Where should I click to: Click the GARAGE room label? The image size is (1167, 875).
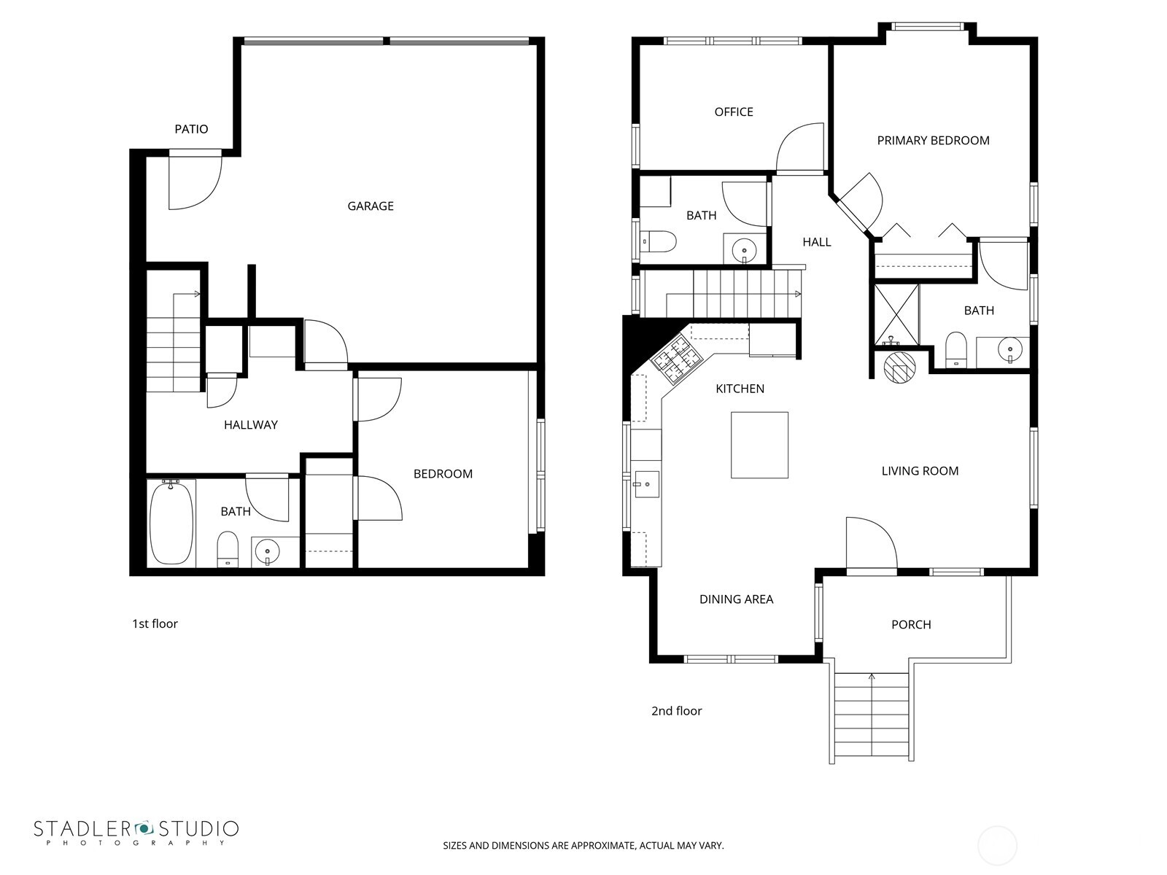tap(371, 206)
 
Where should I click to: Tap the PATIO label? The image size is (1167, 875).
tap(191, 129)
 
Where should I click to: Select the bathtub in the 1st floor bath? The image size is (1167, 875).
tap(172, 523)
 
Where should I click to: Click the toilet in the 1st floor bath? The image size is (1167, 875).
tap(228, 548)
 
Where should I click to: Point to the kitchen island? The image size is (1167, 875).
tap(759, 445)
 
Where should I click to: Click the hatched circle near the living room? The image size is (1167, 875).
tap(899, 367)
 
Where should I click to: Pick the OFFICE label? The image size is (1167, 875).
tap(734, 112)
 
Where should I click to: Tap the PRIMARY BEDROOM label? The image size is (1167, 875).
tap(933, 141)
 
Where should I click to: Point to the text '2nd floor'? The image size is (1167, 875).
tap(676, 711)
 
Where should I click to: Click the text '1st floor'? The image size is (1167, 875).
tap(155, 624)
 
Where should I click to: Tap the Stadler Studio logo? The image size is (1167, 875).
tap(136, 832)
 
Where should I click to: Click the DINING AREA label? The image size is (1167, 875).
tap(736, 599)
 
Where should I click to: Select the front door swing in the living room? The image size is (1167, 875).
tap(869, 542)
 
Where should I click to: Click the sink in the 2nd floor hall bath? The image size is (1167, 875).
tap(744, 248)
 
